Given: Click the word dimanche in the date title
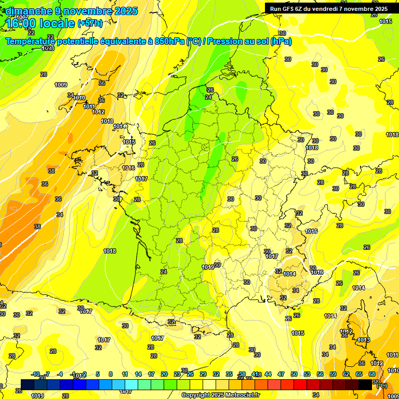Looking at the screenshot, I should (26, 11).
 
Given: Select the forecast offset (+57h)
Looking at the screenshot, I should (90, 23).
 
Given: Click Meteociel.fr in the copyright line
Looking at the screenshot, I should (242, 395).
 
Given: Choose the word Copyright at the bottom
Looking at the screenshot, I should (197, 395).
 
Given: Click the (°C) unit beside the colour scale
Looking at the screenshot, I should (381, 385).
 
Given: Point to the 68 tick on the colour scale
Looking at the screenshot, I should (372, 374).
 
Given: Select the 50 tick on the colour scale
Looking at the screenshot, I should (294, 374).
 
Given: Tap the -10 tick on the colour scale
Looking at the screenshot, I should (35, 374).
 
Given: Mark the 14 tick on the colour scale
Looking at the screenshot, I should (138, 374).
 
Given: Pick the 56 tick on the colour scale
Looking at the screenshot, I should (320, 374).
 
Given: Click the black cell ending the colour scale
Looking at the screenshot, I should (366, 384).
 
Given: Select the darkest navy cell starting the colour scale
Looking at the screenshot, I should (28, 384).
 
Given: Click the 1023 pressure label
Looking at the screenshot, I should (48, 48).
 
